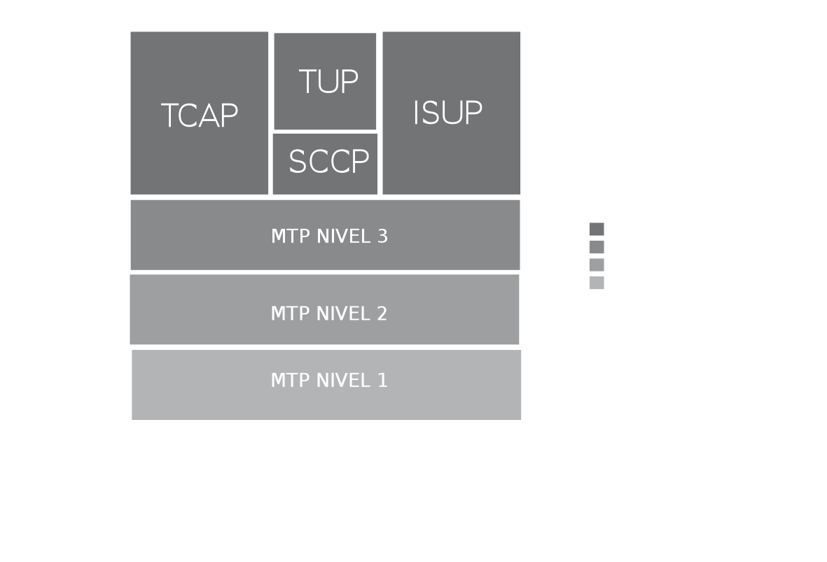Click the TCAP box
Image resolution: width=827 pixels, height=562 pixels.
click(x=200, y=114)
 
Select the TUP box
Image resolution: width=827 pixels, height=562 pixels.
click(x=325, y=82)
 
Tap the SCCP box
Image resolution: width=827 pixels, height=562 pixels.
click(x=325, y=163)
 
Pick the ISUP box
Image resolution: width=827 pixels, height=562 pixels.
click(x=451, y=113)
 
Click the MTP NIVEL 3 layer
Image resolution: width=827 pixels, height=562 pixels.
click(x=325, y=235)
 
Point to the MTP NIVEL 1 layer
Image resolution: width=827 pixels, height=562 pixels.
click(x=326, y=384)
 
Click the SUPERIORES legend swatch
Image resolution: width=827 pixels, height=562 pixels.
click(x=596, y=230)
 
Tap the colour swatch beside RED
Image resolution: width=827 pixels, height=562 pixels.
click(x=596, y=247)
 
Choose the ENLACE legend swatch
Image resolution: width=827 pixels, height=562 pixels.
click(x=596, y=265)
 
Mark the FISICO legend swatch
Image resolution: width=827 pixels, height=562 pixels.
click(x=596, y=282)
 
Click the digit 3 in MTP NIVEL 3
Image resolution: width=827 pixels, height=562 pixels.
click(x=382, y=236)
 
